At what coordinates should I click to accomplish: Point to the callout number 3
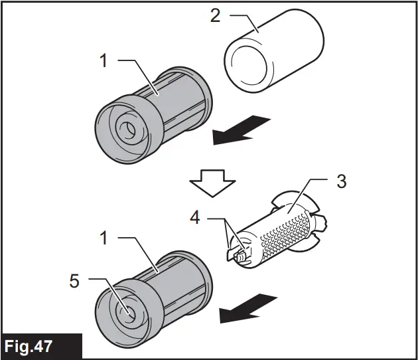(x=340, y=181)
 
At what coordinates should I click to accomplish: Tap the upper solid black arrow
(x=241, y=130)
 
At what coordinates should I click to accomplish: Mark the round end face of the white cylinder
(x=247, y=66)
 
